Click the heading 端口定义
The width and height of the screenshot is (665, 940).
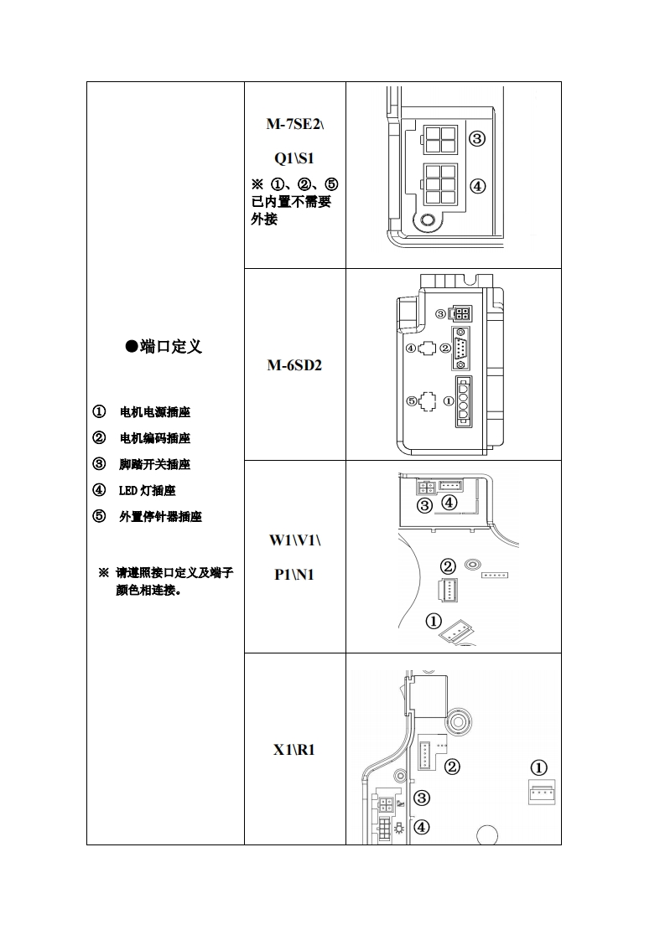164,347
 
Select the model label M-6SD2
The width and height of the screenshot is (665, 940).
294,366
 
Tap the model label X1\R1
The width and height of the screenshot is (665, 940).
294,749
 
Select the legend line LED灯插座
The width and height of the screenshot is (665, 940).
148,490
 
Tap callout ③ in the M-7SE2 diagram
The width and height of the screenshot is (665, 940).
476,139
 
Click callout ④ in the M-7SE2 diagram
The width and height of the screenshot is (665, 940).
476,186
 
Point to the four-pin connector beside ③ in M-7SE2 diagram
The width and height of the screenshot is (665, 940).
439,139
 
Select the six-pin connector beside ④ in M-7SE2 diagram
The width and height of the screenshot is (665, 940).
439,186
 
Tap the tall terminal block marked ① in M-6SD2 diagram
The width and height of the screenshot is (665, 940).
465,402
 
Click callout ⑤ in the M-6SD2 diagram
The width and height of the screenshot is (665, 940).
412,400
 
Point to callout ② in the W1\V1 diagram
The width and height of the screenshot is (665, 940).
449,567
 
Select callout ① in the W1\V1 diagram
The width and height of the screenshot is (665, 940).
434,621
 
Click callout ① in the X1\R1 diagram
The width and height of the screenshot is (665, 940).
539,767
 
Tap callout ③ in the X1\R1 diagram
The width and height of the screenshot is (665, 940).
422,798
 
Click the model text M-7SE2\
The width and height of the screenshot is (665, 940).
294,124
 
